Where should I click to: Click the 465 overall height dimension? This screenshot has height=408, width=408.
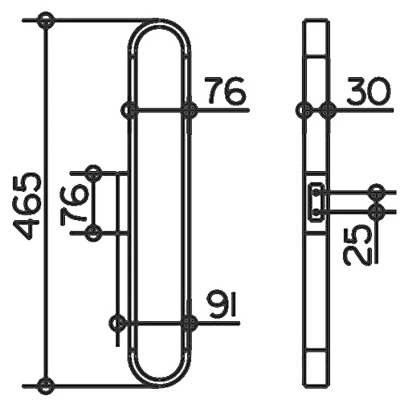tap(27, 206)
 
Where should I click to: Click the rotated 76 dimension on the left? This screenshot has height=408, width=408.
tap(74, 204)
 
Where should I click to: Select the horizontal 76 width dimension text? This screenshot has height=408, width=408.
tap(225, 91)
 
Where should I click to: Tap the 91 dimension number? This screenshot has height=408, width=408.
tap(222, 304)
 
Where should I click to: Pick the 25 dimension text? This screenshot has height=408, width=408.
tap(357, 247)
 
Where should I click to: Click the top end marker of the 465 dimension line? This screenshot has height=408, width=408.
tap(46, 21)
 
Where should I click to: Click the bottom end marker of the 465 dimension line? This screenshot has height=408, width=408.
tap(46, 386)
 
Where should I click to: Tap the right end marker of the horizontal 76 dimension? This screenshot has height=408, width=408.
tap(190, 110)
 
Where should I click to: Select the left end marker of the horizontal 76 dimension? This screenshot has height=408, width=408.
tap(129, 110)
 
